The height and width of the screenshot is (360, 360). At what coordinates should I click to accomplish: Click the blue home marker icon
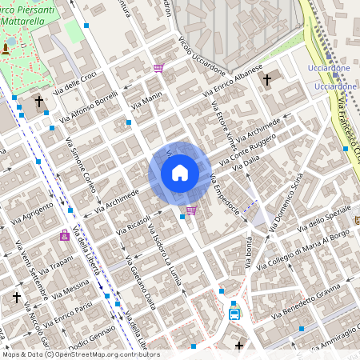point(180,173)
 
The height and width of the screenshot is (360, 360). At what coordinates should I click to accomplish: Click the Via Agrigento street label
point(33,214)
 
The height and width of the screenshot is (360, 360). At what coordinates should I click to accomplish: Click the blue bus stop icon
point(234,313)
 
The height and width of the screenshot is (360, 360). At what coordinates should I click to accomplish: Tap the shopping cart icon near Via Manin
point(158,69)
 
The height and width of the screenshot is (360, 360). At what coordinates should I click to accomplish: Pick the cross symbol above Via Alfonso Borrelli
point(39,102)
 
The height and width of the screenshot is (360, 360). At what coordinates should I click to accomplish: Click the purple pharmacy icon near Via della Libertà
point(64,235)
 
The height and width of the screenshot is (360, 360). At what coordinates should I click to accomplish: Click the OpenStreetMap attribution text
point(80,354)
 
